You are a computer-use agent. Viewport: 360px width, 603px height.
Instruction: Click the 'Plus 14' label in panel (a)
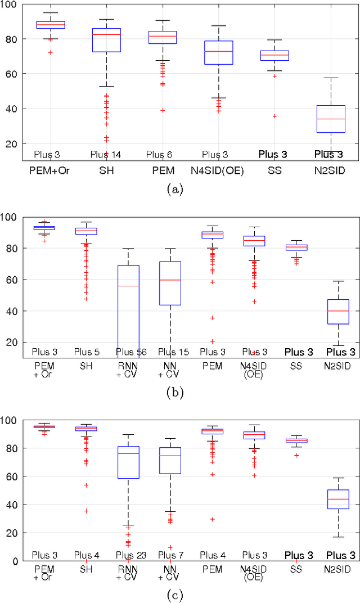(x=106, y=154)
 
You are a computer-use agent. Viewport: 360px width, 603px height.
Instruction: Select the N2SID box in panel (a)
(x=331, y=119)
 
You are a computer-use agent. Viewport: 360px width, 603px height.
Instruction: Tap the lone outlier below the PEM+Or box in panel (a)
(x=51, y=52)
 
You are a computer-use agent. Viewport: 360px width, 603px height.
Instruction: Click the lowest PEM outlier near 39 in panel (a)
(x=163, y=110)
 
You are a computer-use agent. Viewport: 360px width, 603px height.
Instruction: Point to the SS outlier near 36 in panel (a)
(x=274, y=116)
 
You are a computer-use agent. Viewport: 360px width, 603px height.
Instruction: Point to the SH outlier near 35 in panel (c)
(x=86, y=511)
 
